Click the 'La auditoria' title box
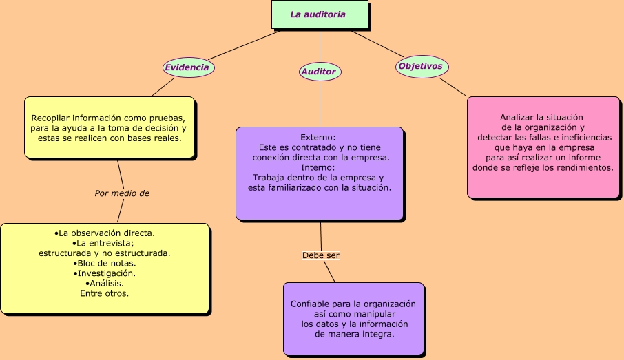coord(319,14)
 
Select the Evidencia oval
coord(187,67)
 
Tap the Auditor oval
coord(319,72)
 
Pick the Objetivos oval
coord(421,67)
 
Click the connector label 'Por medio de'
coord(122,193)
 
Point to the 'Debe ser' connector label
coord(321,255)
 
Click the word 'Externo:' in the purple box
coord(319,137)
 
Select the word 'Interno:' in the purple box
coord(319,167)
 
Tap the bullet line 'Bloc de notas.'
coord(105,263)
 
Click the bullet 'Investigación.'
coord(105,273)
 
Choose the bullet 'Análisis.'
coord(105,283)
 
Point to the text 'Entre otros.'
coord(105,293)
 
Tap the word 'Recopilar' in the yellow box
coord(52,118)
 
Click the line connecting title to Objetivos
coord(377,43)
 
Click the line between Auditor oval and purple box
coord(320,103)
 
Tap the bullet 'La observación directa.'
coord(105,233)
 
